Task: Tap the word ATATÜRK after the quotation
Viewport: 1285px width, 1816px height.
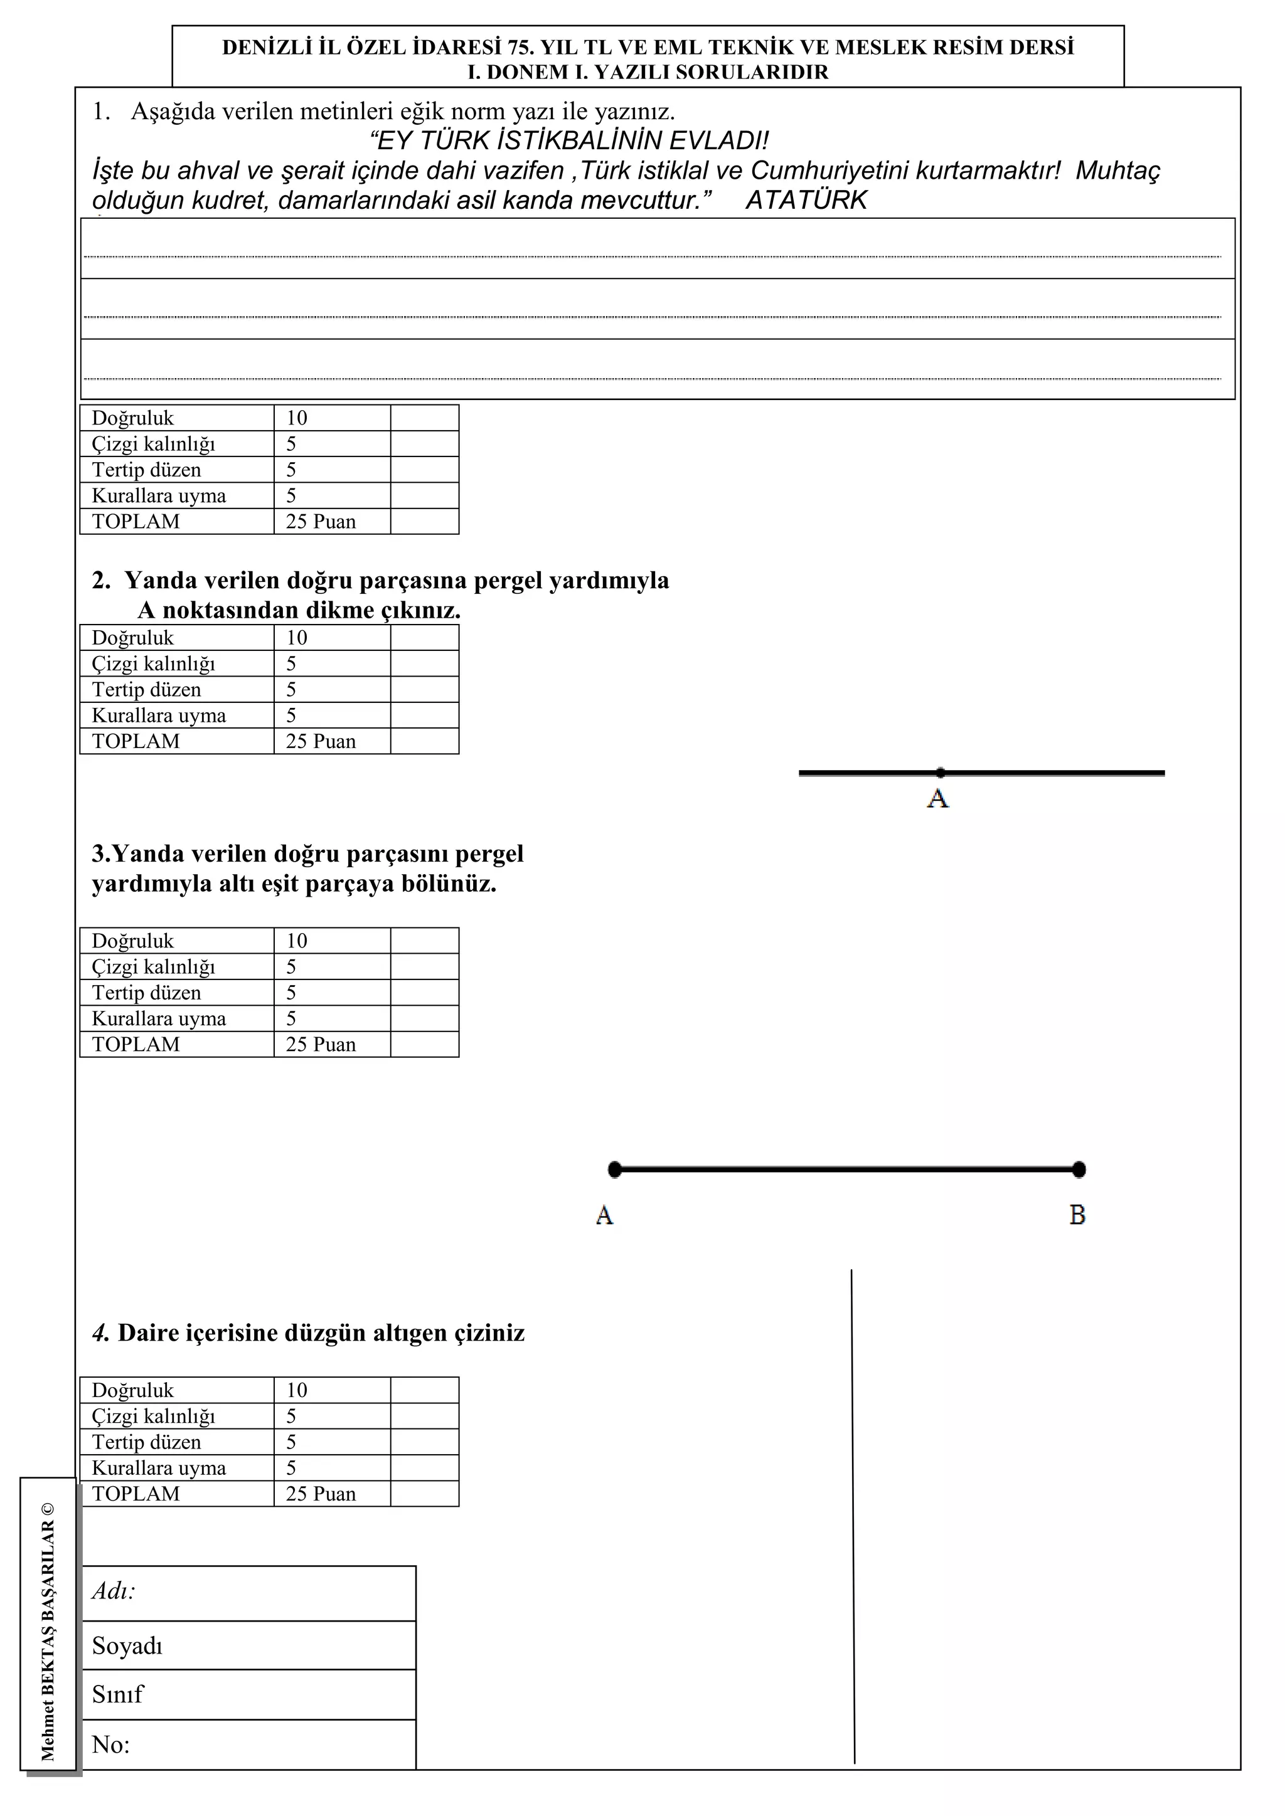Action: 806,200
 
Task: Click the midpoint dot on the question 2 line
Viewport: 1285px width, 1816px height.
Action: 940,772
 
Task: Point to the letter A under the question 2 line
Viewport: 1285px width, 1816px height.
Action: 937,798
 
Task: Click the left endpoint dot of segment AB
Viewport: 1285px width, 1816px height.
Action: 615,1169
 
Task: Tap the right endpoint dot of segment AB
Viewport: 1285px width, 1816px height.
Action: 1079,1169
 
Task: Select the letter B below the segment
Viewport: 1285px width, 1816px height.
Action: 1077,1214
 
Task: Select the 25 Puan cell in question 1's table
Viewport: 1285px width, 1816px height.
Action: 321,522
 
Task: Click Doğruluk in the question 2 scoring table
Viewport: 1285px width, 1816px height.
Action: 132,638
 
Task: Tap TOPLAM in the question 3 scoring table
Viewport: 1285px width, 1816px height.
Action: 136,1044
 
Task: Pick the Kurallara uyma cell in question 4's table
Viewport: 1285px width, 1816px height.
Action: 158,1468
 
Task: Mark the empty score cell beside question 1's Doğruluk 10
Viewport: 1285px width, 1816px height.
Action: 424,418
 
